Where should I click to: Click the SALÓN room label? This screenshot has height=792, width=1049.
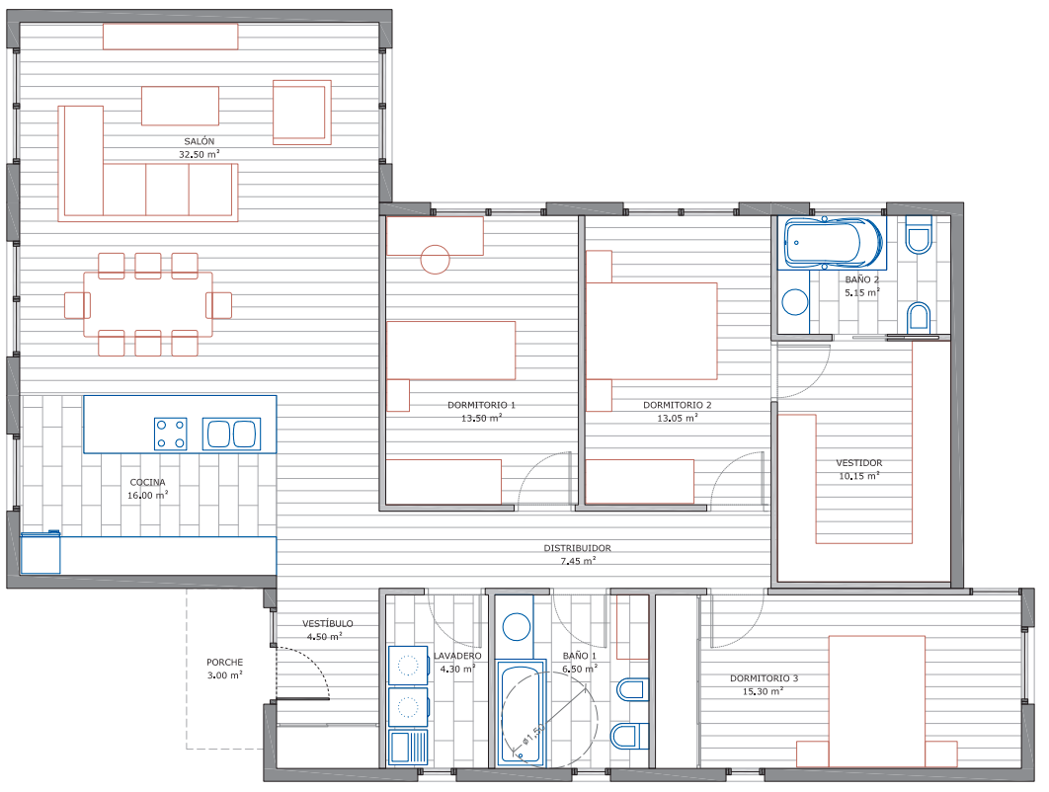[x=200, y=141]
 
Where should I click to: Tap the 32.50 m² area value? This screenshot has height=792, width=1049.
[x=200, y=154]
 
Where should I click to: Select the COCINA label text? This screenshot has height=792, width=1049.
[x=148, y=482]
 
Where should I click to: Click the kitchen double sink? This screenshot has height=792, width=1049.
[x=231, y=434]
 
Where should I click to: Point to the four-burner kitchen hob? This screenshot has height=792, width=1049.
[x=171, y=435]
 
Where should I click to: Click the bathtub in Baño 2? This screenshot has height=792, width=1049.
[x=833, y=242]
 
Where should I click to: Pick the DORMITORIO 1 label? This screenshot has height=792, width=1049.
[x=481, y=405]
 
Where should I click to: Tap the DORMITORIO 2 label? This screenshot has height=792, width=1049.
[x=677, y=405]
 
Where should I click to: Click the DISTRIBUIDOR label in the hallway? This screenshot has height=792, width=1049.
[x=577, y=548]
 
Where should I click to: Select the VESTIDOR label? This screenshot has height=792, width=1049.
[x=859, y=462]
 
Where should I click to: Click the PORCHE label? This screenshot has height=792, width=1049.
[x=225, y=663]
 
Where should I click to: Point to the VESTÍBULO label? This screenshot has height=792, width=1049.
[x=328, y=623]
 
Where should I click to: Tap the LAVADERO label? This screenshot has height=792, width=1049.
[x=457, y=656]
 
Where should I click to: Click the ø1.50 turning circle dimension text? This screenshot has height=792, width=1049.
[x=534, y=734]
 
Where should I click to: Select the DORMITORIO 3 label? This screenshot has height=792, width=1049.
[x=764, y=678]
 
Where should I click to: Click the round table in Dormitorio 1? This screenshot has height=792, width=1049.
[x=435, y=260]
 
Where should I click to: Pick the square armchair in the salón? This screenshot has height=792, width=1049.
[x=301, y=113]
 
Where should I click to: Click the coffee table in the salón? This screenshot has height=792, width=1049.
[x=180, y=106]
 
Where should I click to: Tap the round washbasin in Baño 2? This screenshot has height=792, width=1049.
[x=795, y=301]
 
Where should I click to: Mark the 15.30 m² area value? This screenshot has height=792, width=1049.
[x=763, y=691]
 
